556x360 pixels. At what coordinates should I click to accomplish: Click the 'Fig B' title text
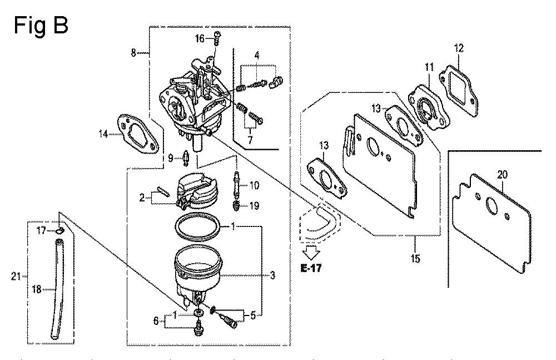click(x=41, y=26)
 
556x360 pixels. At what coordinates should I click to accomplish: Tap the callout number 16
click(x=200, y=38)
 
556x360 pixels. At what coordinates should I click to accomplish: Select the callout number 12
click(x=459, y=48)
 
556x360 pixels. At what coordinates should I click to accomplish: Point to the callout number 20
click(x=502, y=174)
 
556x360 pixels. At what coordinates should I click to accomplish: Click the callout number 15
click(x=415, y=258)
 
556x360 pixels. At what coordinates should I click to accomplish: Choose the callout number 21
click(x=16, y=276)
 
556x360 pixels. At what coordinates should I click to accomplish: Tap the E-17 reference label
click(x=311, y=268)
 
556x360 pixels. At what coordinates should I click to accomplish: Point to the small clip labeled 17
click(x=60, y=231)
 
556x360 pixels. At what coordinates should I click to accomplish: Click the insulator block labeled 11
click(x=430, y=106)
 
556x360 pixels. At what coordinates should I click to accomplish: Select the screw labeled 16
click(x=217, y=38)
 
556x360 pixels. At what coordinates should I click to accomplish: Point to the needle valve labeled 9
click(x=186, y=157)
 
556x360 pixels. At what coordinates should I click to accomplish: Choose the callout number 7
click(x=250, y=140)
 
